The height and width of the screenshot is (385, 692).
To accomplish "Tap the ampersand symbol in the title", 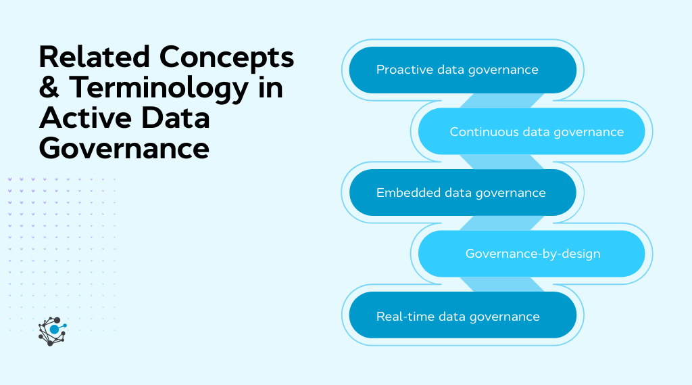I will [49, 88].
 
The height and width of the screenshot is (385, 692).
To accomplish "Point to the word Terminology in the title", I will [164, 88].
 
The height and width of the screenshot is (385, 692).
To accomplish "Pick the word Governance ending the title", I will [124, 148].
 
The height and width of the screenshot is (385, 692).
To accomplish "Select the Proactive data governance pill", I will [462, 70].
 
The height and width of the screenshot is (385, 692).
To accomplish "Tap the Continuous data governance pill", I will [531, 131].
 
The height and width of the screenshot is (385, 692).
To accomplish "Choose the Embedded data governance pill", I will [462, 193].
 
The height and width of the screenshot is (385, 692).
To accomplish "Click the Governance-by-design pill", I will [531, 254].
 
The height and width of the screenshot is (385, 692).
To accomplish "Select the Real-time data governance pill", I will [462, 316].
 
